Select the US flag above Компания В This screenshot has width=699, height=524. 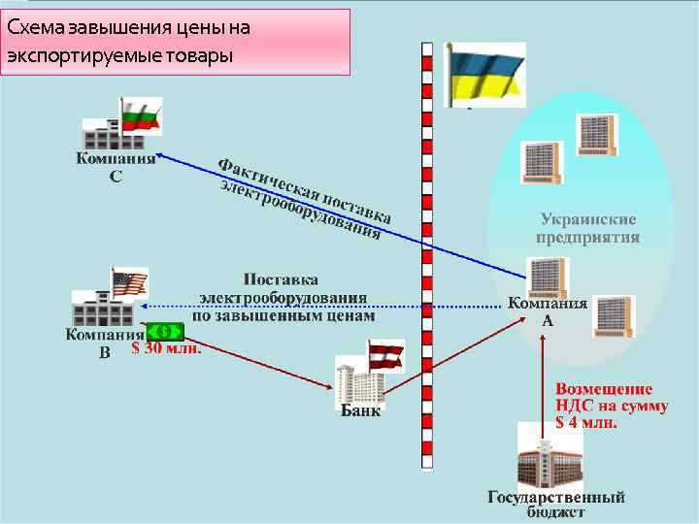pos(129,284)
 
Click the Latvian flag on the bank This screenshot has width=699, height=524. pos(384,353)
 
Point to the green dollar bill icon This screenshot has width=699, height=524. pos(165,334)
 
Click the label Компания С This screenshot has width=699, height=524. pos(116,168)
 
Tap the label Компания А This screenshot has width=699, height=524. pos(548,311)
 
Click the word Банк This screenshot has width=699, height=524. pos(360,410)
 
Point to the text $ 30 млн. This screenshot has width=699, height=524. pos(167,349)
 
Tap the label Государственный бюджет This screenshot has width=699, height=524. pos(556,504)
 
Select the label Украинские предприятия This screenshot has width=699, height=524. pos(588,228)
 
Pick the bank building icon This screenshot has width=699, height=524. pos(361,380)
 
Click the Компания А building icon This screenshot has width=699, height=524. pos(547,277)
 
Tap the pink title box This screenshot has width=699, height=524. pos(175,43)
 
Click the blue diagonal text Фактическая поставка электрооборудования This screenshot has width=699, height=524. pos(303,199)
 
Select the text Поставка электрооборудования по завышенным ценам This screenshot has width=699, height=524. pos(282,297)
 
